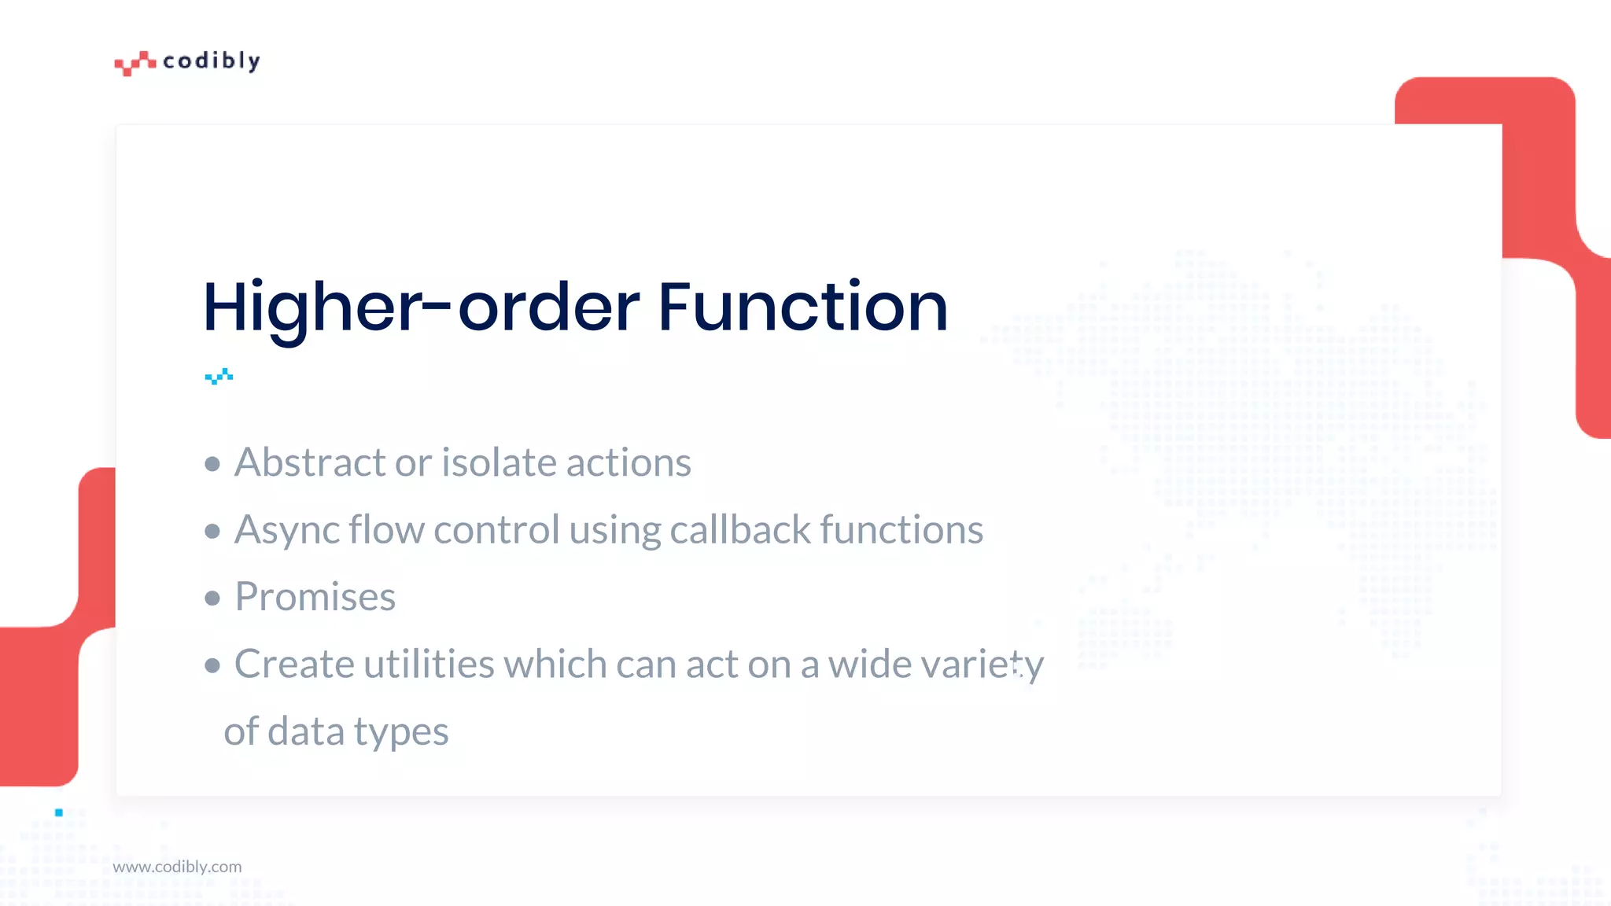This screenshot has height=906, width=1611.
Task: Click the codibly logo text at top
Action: click(x=211, y=61)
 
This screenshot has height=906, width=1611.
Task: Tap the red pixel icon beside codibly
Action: click(x=135, y=63)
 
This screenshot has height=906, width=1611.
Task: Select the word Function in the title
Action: click(x=802, y=307)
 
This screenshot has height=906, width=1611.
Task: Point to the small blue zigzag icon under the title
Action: click(x=219, y=377)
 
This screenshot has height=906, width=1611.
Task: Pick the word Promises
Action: click(x=315, y=597)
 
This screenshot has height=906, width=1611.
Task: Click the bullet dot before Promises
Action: click(x=212, y=598)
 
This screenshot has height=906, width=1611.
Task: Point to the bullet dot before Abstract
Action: click(x=212, y=464)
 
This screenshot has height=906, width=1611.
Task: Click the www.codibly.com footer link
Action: click(x=177, y=867)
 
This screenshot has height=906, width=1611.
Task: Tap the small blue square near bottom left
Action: click(x=59, y=812)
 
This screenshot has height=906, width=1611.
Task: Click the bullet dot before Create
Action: click(x=212, y=666)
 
